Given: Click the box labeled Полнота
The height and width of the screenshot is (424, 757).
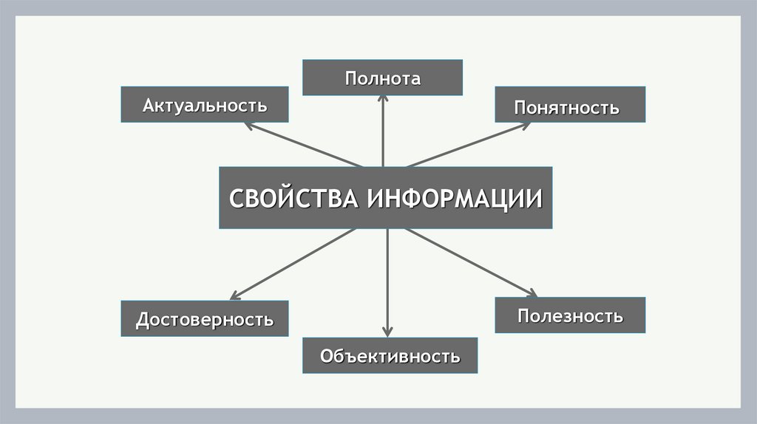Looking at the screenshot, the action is (x=382, y=78).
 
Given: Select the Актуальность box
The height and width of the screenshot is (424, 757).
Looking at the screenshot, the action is (x=205, y=104).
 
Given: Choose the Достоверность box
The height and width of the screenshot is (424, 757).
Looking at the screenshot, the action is (x=205, y=319).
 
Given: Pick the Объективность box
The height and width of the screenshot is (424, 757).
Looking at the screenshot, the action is (x=390, y=355).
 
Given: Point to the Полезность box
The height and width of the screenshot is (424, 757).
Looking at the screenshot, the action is (x=570, y=315).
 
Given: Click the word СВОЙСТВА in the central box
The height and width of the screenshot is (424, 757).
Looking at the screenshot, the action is (x=293, y=199).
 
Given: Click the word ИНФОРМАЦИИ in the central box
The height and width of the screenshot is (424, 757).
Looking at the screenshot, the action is (x=453, y=199).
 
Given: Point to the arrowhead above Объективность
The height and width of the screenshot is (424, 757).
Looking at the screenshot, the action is (x=387, y=332).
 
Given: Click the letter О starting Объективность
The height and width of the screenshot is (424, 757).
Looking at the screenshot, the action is (x=326, y=356).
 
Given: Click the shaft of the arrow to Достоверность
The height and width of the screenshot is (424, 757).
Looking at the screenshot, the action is (x=296, y=262).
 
